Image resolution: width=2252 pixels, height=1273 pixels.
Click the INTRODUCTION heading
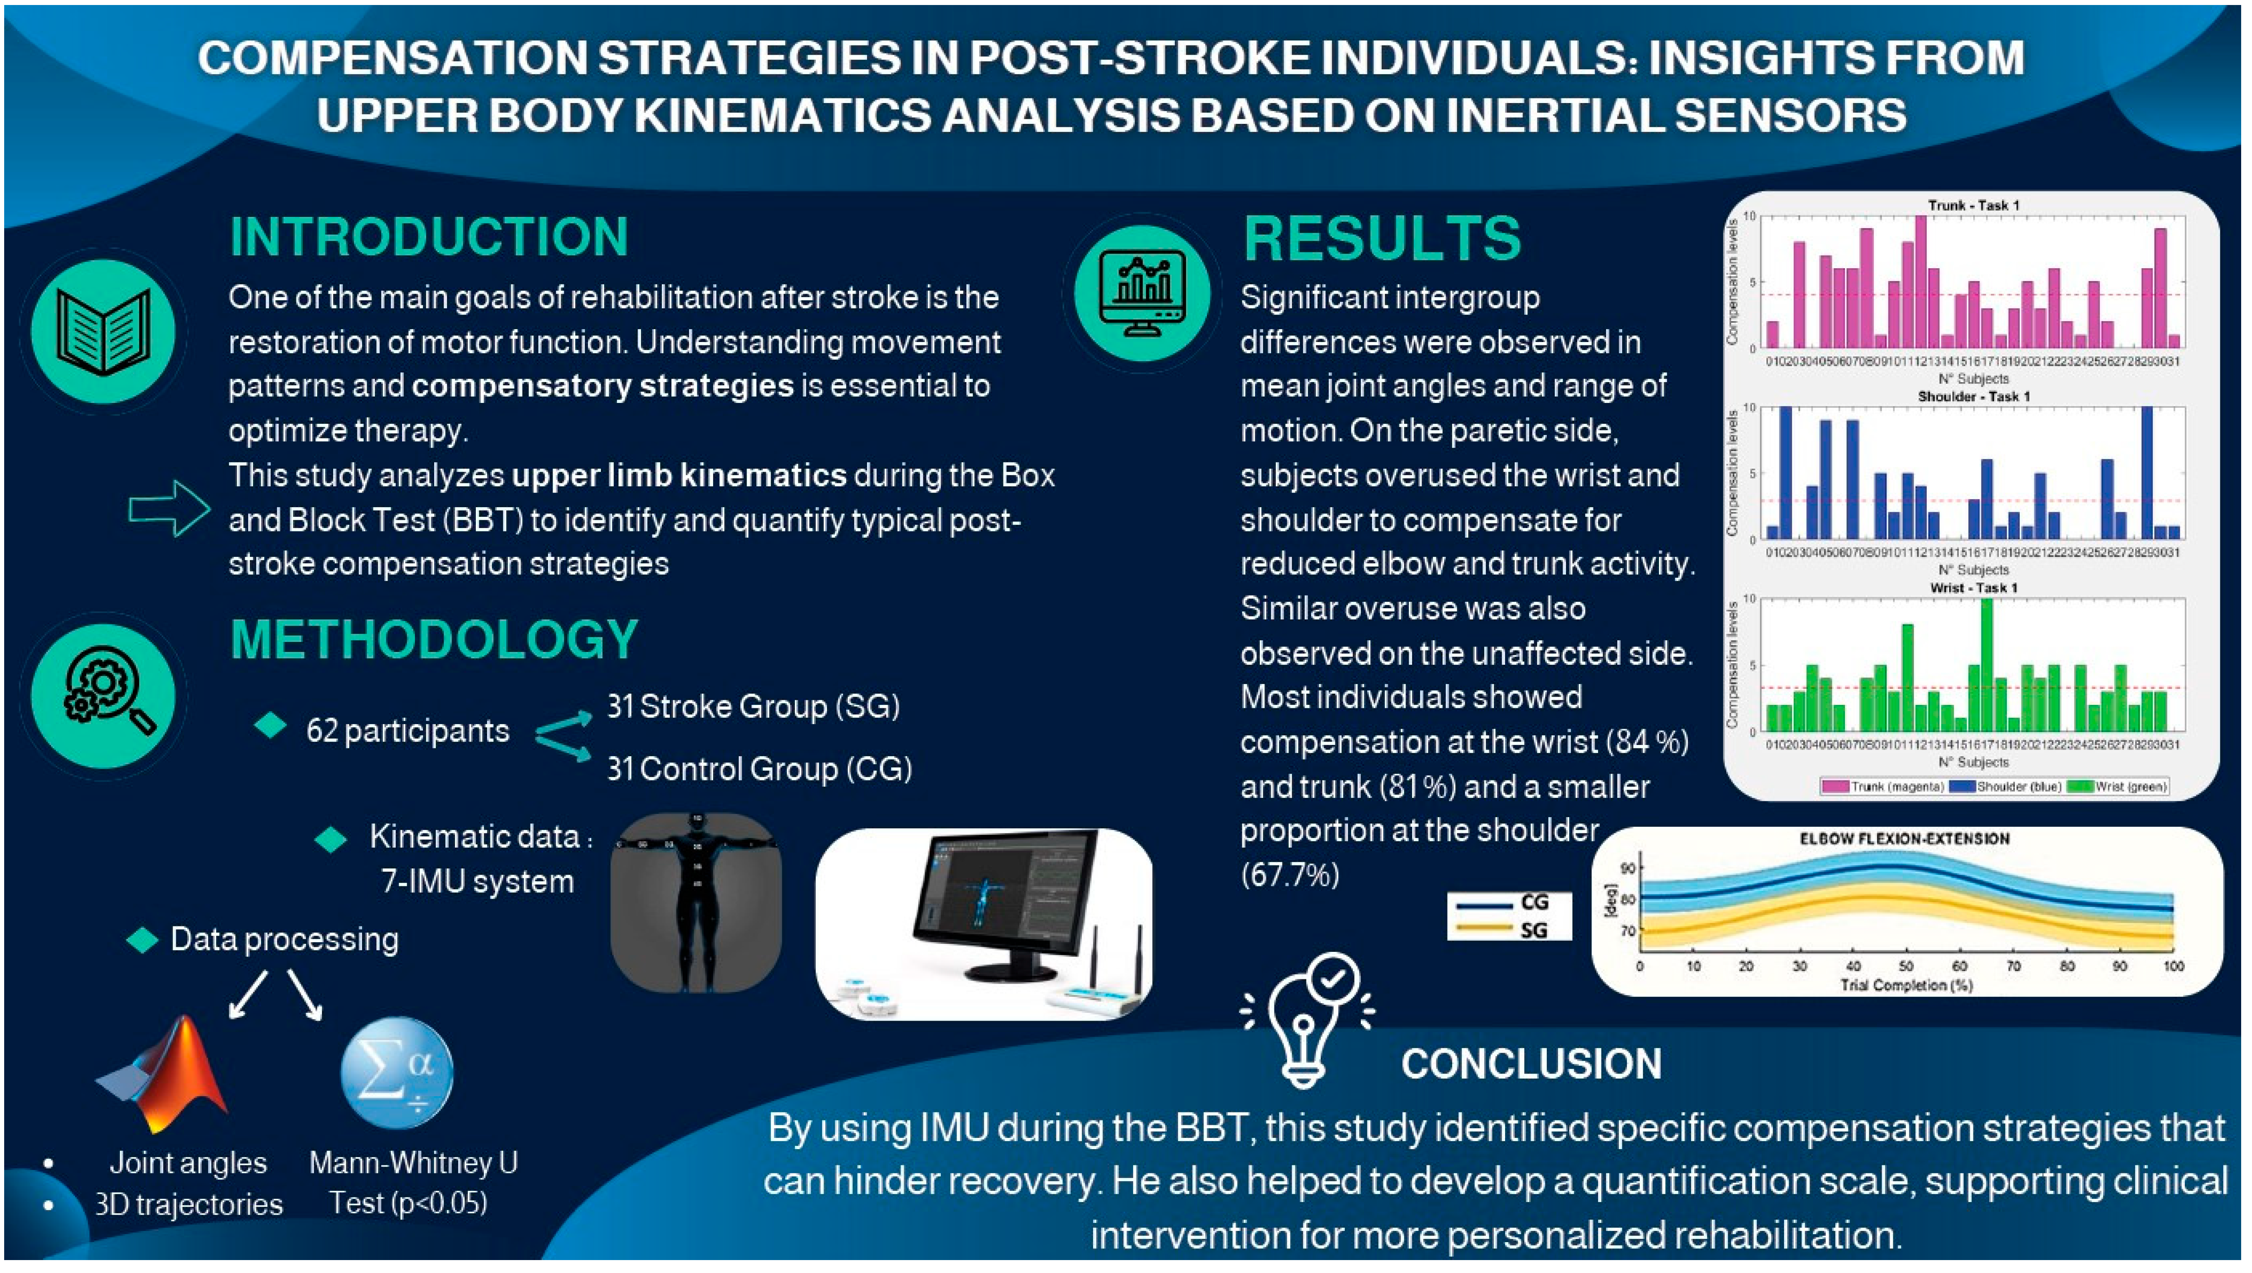tap(428, 236)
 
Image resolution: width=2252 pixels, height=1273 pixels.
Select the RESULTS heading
tap(1381, 238)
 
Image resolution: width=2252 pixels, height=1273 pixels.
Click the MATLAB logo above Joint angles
tap(166, 1075)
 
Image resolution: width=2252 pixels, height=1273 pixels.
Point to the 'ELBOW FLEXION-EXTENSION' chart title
tap(1904, 838)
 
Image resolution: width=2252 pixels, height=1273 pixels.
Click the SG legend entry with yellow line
tap(1510, 929)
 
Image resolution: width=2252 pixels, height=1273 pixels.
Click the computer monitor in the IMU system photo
tap(1005, 901)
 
